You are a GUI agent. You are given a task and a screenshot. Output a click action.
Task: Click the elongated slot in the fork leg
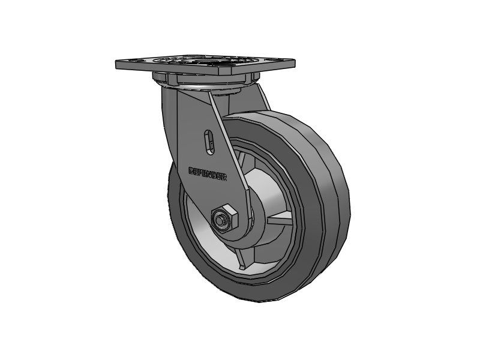pos(208,143)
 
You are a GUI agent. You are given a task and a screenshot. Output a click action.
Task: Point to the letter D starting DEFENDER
pos(191,170)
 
